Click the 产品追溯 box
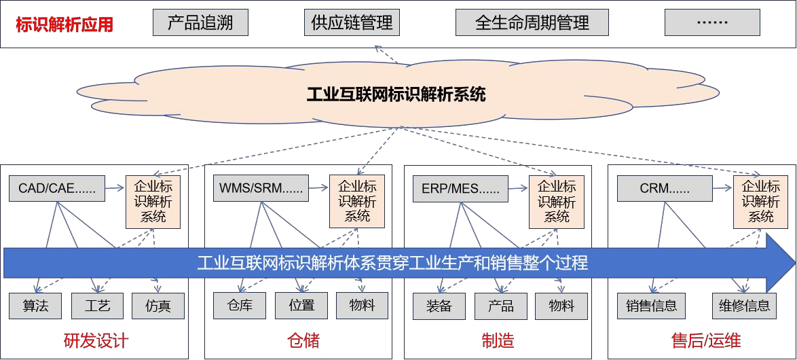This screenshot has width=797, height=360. (x=200, y=22)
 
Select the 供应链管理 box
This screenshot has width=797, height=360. (x=352, y=22)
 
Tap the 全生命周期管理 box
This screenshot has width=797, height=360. (x=532, y=22)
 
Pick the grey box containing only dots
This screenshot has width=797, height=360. (x=712, y=22)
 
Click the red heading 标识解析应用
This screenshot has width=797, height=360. (x=64, y=25)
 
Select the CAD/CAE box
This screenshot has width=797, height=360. (x=58, y=188)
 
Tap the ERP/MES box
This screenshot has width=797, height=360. (x=460, y=188)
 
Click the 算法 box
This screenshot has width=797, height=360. (x=35, y=306)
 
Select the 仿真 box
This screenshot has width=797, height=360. (x=158, y=306)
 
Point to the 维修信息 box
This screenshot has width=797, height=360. (x=744, y=306)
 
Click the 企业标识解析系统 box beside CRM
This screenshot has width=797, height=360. (x=760, y=201)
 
